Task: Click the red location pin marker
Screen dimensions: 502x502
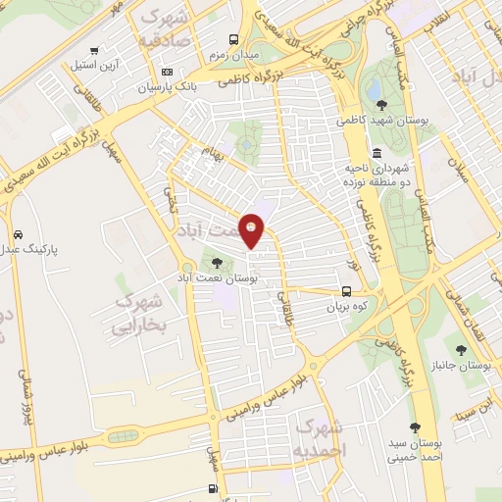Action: click(252, 230)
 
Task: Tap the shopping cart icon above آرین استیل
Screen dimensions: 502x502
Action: click(93, 50)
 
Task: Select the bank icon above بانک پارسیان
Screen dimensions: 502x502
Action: click(167, 72)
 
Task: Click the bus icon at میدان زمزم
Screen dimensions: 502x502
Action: click(233, 40)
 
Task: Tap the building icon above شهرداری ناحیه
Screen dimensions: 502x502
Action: click(377, 153)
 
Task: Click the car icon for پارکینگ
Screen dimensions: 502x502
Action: click(19, 234)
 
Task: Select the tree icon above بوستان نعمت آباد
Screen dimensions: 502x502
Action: click(217, 262)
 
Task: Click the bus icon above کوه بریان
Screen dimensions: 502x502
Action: click(346, 290)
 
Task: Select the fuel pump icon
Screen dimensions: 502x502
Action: click(213, 488)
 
